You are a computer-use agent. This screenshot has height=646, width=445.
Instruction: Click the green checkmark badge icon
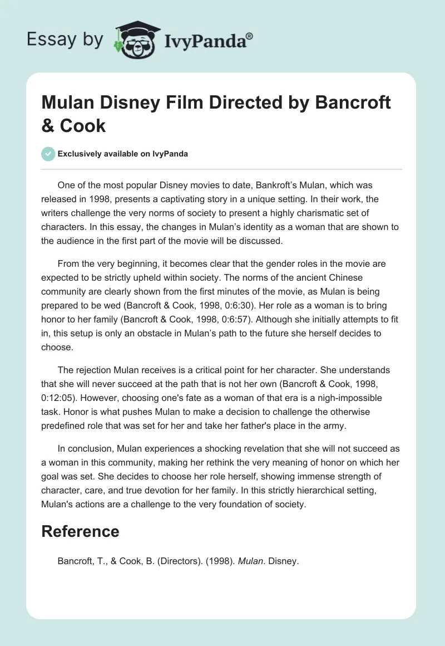48,154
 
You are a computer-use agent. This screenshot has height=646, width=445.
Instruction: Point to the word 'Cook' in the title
83,125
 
